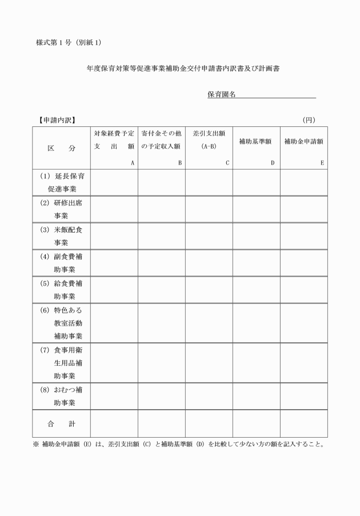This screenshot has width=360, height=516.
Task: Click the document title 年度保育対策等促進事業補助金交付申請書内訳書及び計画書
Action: [x=183, y=69]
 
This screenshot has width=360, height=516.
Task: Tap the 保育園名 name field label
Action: [x=222, y=94]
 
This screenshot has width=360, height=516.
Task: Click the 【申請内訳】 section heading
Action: [x=55, y=120]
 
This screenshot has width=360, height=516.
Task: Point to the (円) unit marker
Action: [x=309, y=120]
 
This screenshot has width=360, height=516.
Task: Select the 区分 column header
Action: [x=61, y=147]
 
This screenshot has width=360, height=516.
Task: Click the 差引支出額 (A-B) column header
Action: [x=209, y=141]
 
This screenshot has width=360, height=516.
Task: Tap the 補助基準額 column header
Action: [x=255, y=141]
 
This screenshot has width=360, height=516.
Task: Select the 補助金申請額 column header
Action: [x=303, y=141]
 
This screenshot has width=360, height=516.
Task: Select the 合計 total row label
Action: [x=61, y=424]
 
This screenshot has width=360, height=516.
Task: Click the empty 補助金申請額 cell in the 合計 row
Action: [x=303, y=424]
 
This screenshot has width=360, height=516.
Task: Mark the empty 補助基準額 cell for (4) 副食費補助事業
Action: [x=255, y=263]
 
